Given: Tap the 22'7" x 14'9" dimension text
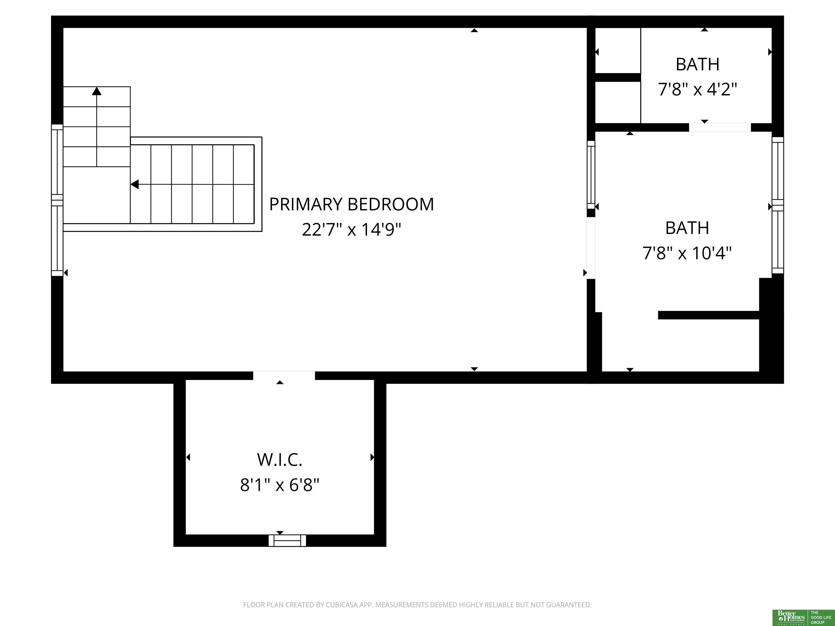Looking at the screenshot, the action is coord(351,229).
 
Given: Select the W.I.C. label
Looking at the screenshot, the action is coord(280,460).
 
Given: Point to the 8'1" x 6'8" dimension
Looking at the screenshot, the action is coord(280,485).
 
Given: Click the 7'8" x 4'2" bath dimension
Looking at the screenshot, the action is coord(697,89).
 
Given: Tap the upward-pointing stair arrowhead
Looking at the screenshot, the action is coord(97,91).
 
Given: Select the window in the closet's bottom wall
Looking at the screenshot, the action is coord(287,540).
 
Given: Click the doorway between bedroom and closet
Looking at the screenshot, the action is coord(284,376).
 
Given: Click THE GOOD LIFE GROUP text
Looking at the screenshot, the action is coord(821,617).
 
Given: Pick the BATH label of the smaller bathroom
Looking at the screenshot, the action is coord(697,64).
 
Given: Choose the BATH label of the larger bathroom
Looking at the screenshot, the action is coord(687,228).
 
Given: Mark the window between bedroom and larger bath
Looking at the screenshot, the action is coord(591,175).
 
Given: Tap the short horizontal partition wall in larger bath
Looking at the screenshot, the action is coord(709,315).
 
